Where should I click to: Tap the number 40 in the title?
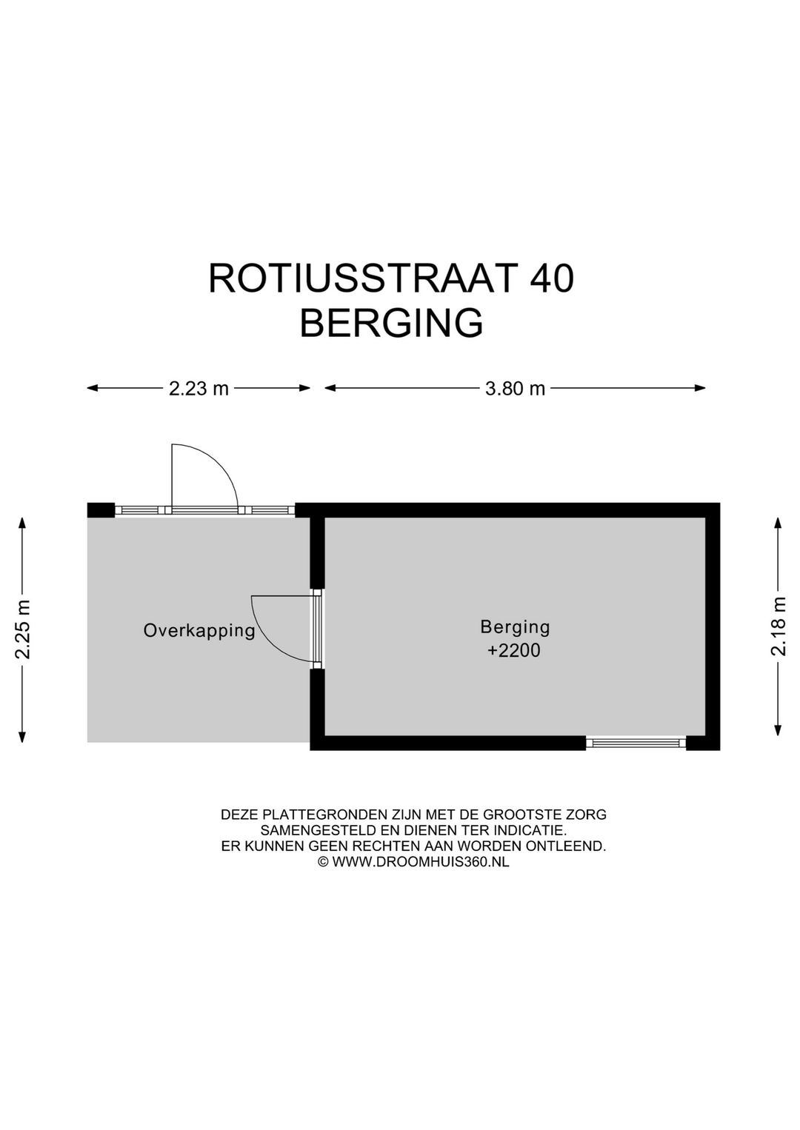(551, 279)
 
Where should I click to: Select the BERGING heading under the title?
(391, 324)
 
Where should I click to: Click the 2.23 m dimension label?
(199, 388)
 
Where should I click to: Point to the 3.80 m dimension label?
(515, 388)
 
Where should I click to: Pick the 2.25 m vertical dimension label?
(24, 629)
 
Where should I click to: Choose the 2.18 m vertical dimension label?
(778, 626)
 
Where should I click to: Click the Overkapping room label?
(199, 631)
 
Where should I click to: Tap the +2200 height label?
(514, 651)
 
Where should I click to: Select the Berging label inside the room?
(515, 627)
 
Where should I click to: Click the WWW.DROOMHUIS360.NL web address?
(420, 862)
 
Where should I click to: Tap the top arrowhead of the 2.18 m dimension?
(778, 522)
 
